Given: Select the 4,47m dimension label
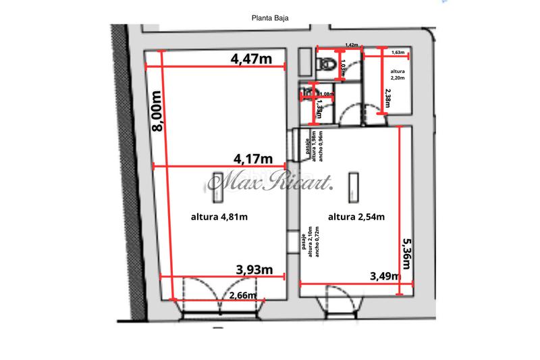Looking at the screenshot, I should (x=251, y=59).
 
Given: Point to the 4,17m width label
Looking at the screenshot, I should (x=252, y=159).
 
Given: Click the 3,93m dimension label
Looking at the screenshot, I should (x=254, y=269).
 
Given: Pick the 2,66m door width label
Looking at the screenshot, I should (x=242, y=295).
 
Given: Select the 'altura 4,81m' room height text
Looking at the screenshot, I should (x=219, y=217).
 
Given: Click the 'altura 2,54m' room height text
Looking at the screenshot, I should (x=356, y=217).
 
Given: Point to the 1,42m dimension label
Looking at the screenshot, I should (x=352, y=45).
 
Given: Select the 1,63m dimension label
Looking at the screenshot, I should (x=398, y=52).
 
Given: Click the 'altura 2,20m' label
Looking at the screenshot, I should (x=398, y=74).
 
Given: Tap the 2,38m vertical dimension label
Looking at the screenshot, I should (x=387, y=100).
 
